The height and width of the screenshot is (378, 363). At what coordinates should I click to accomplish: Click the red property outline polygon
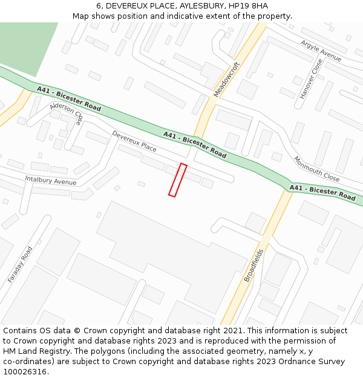click(x=177, y=180)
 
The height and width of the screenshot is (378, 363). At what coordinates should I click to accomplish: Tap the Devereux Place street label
click(x=134, y=142)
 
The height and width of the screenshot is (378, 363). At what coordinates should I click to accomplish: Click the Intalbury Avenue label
click(x=51, y=180)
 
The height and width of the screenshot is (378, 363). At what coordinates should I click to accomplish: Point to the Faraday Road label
click(x=20, y=265)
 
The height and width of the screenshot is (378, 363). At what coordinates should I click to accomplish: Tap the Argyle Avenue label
click(x=321, y=51)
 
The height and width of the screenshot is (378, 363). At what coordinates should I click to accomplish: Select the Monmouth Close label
click(x=316, y=169)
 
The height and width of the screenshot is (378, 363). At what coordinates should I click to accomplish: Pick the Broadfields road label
click(x=253, y=266)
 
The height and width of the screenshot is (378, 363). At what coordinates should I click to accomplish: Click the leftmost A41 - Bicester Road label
click(x=68, y=98)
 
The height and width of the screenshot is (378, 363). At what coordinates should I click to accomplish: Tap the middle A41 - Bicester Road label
click(x=195, y=145)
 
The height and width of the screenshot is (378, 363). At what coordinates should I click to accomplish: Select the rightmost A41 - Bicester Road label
click(x=322, y=193)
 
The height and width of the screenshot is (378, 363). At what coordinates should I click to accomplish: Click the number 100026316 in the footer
click(x=25, y=371)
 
